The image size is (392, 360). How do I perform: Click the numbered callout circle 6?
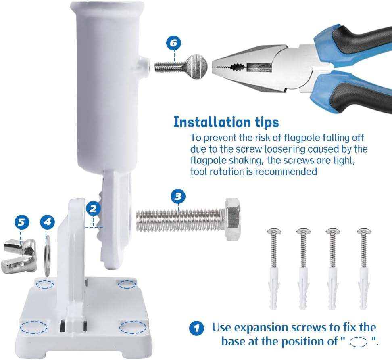(173, 43)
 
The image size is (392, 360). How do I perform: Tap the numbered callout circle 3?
(178, 197)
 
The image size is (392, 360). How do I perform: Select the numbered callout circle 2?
(93, 209)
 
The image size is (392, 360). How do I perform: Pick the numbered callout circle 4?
(48, 222)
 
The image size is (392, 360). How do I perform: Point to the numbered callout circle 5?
(22, 222)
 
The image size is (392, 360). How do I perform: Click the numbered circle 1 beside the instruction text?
(196, 327)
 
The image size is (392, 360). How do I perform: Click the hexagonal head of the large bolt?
(233, 220)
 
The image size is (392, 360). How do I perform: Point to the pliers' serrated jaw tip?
(217, 67)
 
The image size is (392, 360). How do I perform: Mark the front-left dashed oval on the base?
(34, 327)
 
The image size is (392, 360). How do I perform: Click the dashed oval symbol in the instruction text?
(358, 342)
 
